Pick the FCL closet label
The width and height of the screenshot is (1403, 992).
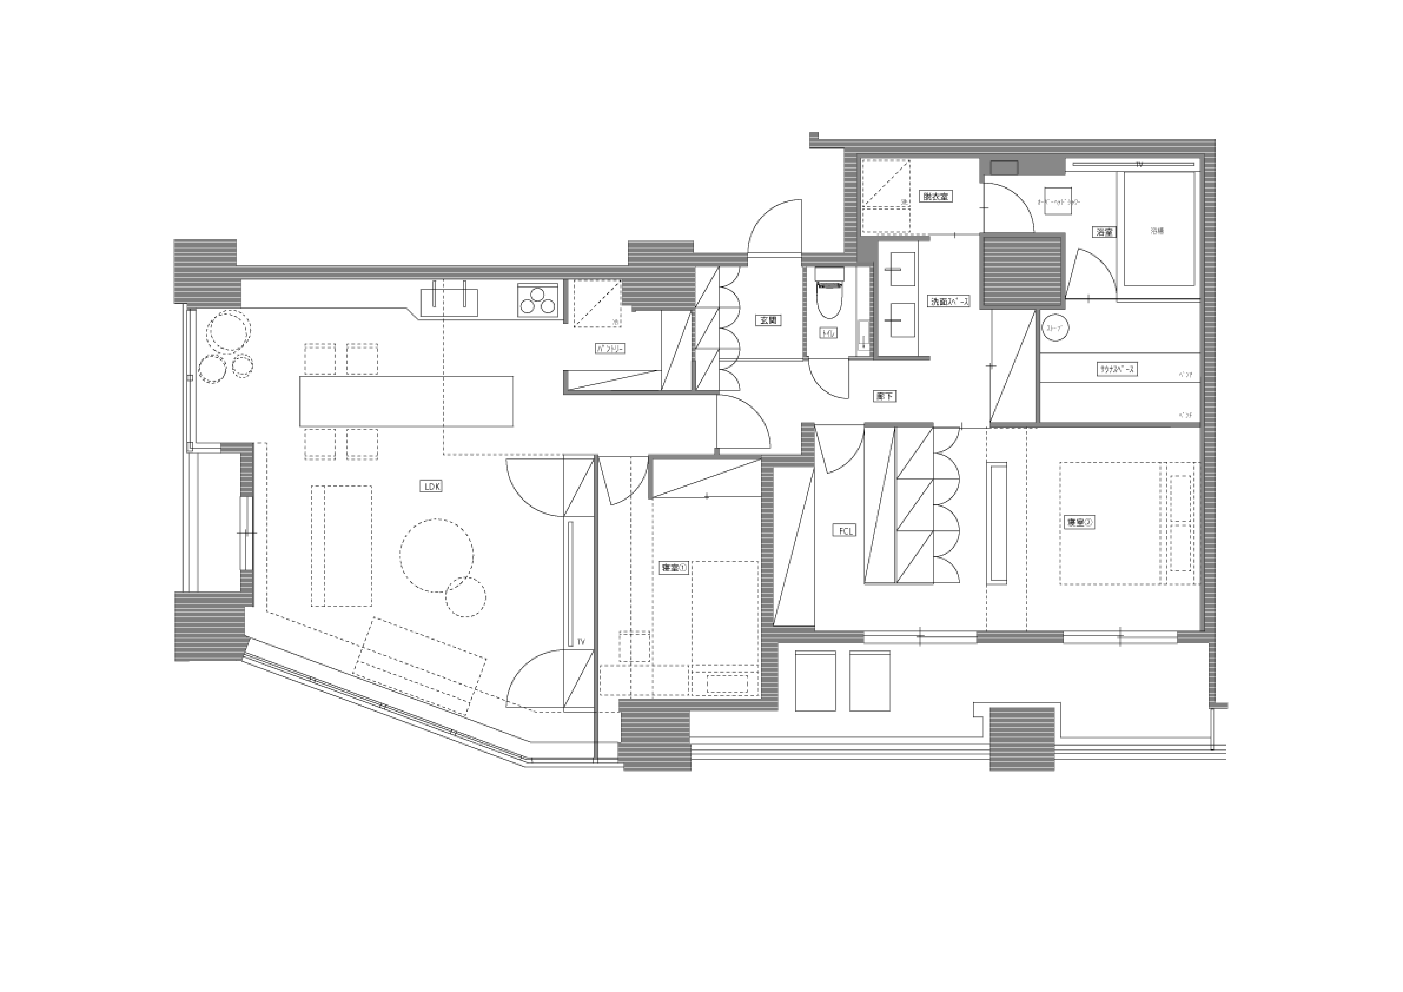844,531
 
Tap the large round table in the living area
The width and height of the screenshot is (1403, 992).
436,556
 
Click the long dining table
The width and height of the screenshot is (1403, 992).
406,401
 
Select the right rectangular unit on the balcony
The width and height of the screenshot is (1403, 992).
869,681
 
